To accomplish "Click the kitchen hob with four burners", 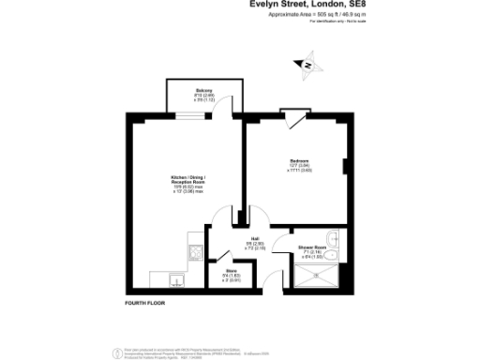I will [194, 251].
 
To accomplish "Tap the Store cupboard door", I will [222, 255].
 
